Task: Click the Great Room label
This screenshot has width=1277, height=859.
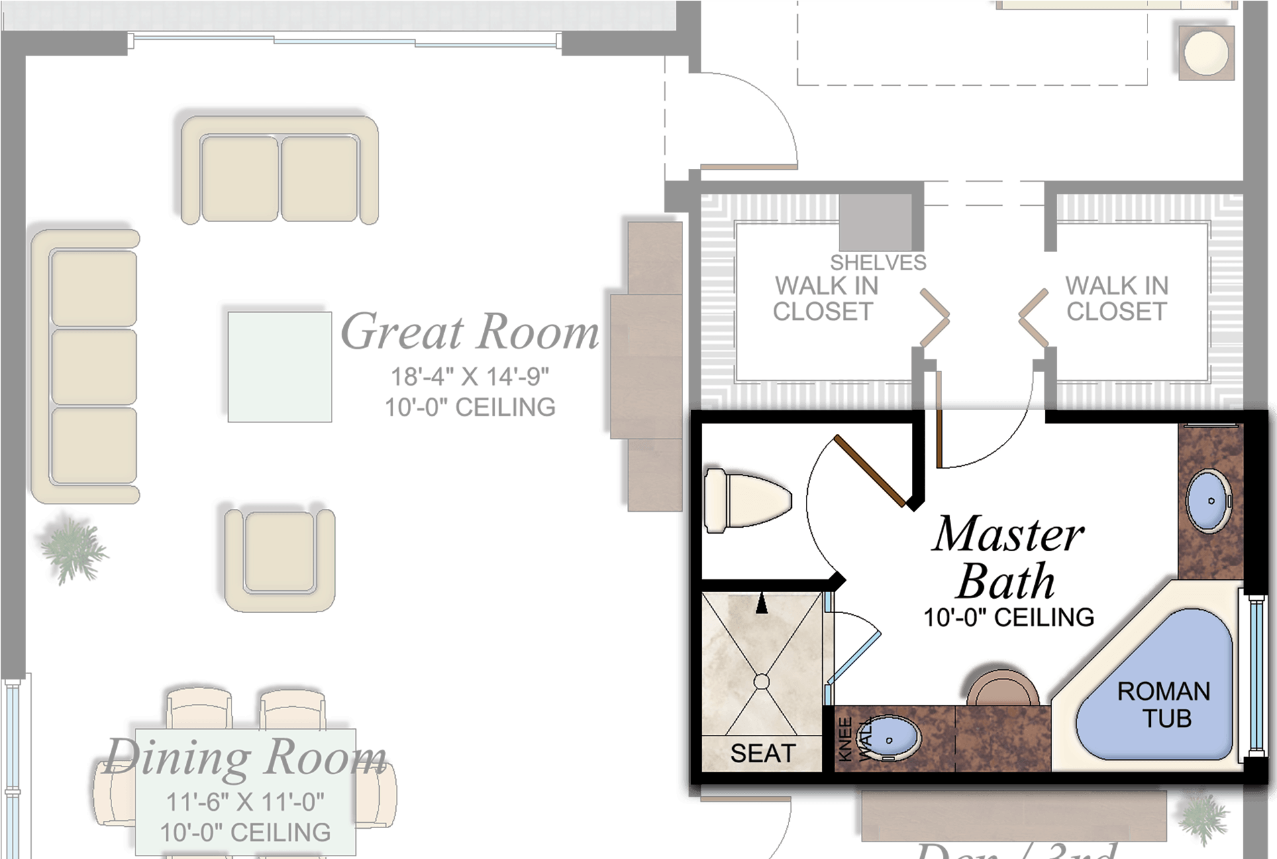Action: [470, 332]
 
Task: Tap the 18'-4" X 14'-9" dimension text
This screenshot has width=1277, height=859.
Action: [470, 377]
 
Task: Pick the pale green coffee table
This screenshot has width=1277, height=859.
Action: [279, 367]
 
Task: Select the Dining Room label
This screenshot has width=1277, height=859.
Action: [246, 756]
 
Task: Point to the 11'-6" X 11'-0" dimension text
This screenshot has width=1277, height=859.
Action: [245, 802]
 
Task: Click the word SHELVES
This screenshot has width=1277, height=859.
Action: [878, 263]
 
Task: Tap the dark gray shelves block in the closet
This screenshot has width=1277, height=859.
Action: [876, 222]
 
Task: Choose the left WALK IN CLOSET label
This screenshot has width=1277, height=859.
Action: [825, 299]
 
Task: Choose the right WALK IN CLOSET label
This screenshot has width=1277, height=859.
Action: [1117, 299]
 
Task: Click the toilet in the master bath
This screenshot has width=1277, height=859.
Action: [746, 501]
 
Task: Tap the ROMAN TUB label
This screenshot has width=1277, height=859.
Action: [1164, 705]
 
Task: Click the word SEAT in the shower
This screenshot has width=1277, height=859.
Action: [762, 754]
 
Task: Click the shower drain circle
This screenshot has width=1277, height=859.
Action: [762, 682]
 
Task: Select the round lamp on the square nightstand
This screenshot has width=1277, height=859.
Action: [1206, 52]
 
